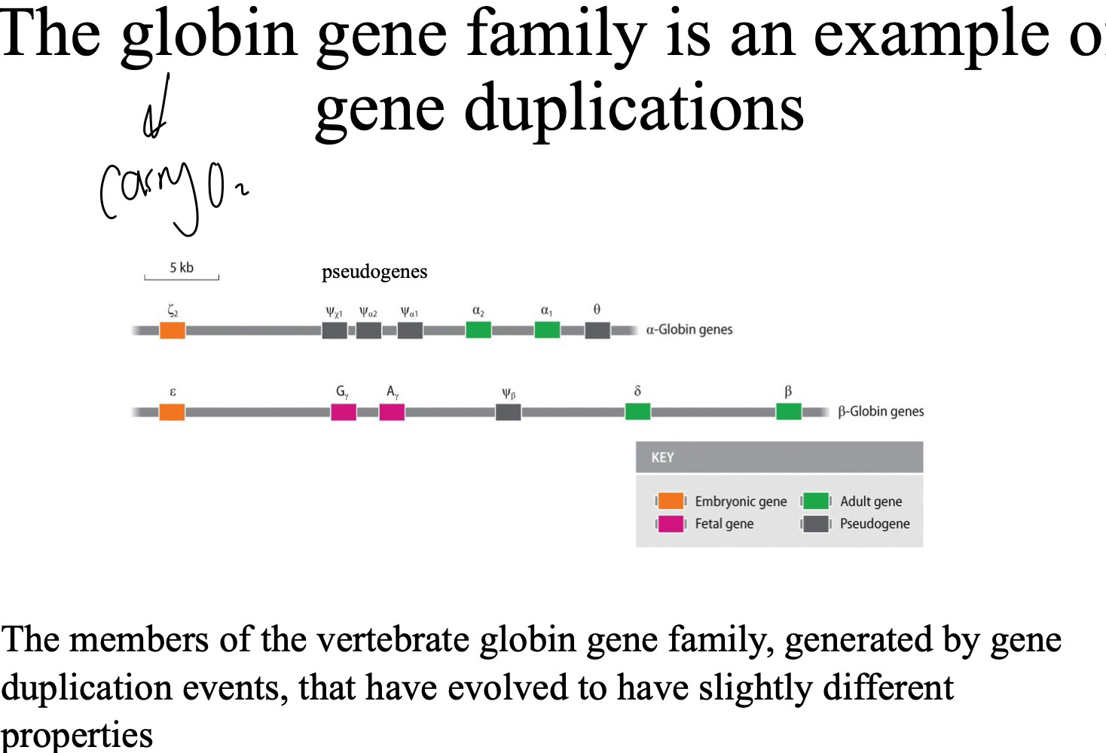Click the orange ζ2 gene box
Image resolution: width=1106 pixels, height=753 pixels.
pos(172,330)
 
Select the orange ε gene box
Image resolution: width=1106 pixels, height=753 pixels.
pos(172,412)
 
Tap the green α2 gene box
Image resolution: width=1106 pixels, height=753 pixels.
pos(478,330)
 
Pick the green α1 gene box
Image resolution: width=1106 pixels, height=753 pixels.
pos(547,330)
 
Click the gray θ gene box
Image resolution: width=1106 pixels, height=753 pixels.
pos(597,330)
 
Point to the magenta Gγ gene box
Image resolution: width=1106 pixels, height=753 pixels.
pos(344,412)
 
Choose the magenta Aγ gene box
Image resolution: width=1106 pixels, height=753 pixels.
pos(392,412)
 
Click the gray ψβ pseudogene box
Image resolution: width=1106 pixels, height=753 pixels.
pos(509,412)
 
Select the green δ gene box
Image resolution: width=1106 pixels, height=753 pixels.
pos(637,412)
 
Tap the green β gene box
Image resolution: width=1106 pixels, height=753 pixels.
pos(788,412)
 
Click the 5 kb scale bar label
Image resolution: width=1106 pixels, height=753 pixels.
pos(182,268)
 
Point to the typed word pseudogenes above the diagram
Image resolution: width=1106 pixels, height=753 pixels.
pos(374,272)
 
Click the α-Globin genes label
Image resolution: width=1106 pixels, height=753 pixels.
pos(689,330)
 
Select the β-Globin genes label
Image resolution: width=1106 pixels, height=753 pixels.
pos(881,412)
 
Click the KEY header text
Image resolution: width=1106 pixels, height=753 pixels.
pos(662,457)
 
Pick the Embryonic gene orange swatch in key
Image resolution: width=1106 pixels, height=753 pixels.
pos(671,501)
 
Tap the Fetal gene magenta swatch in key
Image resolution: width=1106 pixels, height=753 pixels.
pos(671,524)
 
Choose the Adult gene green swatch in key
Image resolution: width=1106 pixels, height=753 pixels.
pos(816,501)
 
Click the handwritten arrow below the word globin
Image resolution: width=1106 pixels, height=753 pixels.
pos(156,109)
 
